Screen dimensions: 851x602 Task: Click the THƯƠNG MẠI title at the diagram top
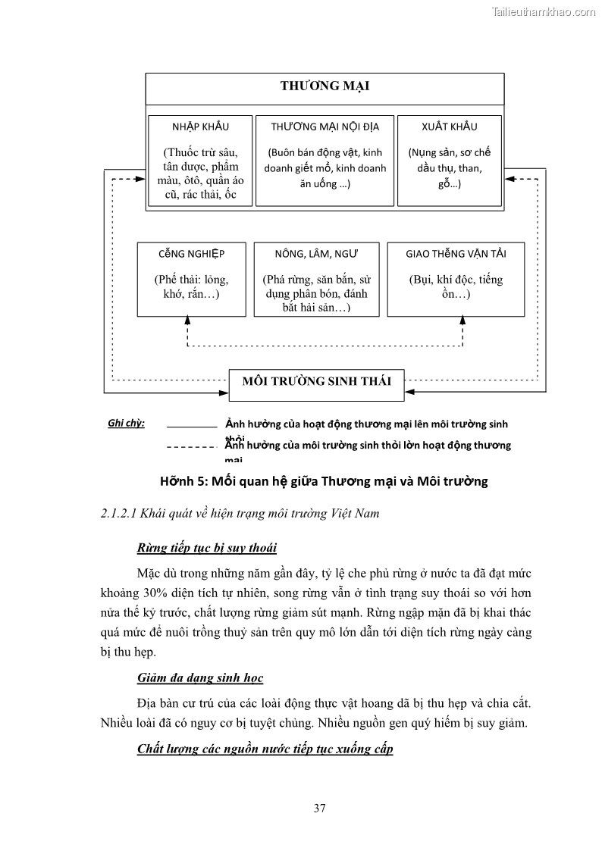coord(325,86)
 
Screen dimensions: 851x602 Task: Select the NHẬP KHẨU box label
coord(201,127)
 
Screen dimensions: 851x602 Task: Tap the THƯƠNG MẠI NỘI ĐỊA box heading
coord(325,127)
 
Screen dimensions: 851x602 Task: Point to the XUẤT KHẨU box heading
coord(449,127)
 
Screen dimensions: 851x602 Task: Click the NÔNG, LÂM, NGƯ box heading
coord(316,253)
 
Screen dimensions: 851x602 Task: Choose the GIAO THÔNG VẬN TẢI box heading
coord(456,253)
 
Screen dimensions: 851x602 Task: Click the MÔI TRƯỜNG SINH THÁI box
coord(316,381)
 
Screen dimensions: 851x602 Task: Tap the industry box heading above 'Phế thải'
coord(191,253)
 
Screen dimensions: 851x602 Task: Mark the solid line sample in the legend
coord(191,427)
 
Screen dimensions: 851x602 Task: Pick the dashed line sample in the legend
coord(191,447)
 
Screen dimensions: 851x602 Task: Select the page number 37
coord(319,808)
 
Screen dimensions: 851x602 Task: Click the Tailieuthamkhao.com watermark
coord(544,11)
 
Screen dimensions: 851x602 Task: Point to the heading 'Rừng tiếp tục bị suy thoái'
coord(212,547)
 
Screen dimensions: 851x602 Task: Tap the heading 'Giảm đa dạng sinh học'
coord(200,677)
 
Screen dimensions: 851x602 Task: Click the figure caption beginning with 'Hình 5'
coord(324,481)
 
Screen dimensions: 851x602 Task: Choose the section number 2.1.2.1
coord(123,514)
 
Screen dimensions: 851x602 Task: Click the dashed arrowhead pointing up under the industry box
coord(187,321)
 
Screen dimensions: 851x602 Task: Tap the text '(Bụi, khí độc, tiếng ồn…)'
coord(456,286)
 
